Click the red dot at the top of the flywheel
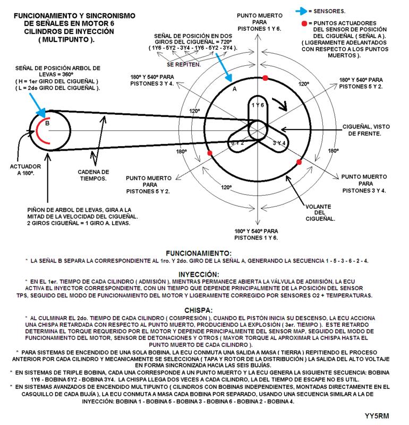265,78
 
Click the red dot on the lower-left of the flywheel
210,153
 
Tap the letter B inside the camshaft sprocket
47,123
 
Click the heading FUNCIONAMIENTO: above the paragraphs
198,253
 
